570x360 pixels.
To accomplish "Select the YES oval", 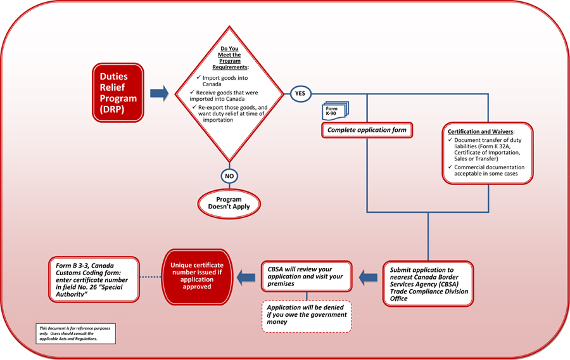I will [300, 93].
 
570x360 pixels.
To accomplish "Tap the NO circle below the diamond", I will [229, 175].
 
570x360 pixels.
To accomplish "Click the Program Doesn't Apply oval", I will [229, 203].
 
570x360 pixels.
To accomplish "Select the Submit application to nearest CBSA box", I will [427, 283].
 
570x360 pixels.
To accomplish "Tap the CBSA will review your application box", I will [307, 276].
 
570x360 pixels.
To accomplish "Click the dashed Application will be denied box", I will [307, 315].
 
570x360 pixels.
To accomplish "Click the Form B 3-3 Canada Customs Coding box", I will [93, 278].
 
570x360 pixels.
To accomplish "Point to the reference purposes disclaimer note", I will [75, 333].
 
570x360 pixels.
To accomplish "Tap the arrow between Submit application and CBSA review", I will [368, 276].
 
